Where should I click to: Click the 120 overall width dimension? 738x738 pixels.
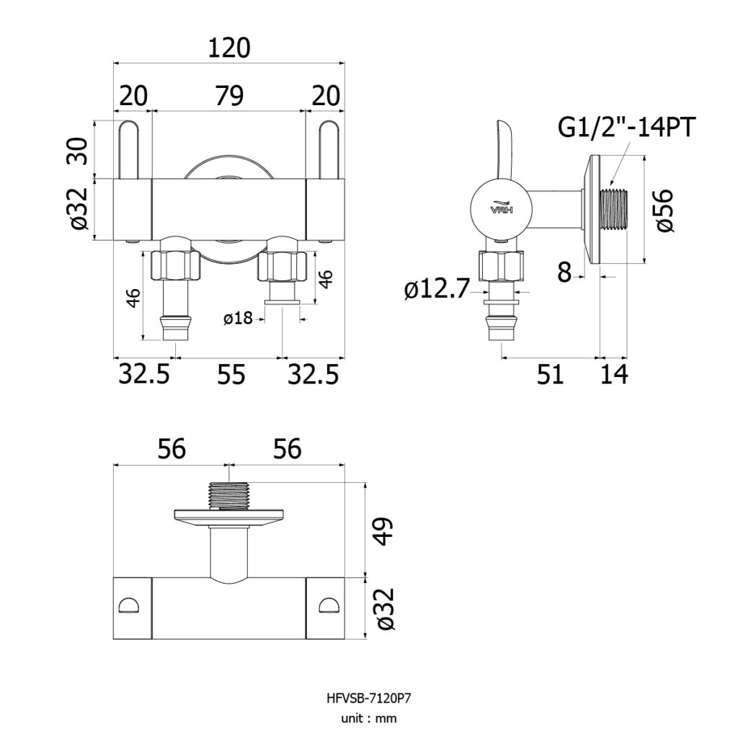(228, 48)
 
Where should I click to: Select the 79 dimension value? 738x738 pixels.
(229, 96)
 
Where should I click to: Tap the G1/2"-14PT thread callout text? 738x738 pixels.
(626, 127)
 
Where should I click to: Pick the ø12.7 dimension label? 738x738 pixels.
(437, 288)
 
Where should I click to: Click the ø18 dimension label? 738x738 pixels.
(238, 319)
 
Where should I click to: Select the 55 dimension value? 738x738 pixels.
(231, 375)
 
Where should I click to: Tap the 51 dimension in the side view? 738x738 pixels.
(550, 374)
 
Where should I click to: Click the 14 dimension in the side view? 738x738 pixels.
(614, 374)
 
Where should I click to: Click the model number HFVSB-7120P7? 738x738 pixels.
(368, 698)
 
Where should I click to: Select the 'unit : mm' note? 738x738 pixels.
(368, 719)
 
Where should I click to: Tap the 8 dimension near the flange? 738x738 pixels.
(564, 272)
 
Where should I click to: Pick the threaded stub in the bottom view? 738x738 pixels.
(228, 496)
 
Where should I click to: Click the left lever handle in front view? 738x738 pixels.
(128, 150)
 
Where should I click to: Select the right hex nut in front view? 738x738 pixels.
(283, 267)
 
